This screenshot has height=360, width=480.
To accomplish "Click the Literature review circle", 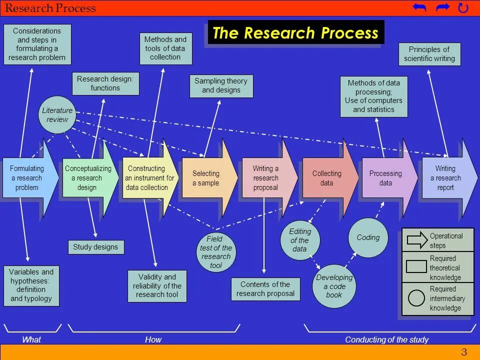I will pyautogui.click(x=57, y=115).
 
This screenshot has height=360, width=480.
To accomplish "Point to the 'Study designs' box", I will pyautogui.click(x=95, y=247).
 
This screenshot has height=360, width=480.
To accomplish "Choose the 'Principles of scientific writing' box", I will pyautogui.click(x=429, y=54).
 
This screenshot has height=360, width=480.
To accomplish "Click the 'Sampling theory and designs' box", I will pyautogui.click(x=221, y=86).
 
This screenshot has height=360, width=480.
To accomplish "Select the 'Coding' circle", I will pyautogui.click(x=368, y=237).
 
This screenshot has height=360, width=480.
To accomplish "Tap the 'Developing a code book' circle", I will pyautogui.click(x=334, y=286).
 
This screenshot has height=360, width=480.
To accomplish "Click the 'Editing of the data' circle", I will pyautogui.click(x=300, y=240).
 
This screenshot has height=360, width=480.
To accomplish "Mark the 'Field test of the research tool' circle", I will pyautogui.click(x=216, y=252).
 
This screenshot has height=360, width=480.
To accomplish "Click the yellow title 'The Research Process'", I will pyautogui.click(x=295, y=33).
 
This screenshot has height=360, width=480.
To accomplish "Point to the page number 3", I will pyautogui.click(x=464, y=352).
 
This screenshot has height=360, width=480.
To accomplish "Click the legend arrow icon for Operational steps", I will pyautogui.click(x=417, y=240).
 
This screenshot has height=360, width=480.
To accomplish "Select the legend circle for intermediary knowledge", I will pyautogui.click(x=416, y=298).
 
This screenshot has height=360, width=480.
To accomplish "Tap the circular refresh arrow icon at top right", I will pyautogui.click(x=463, y=8).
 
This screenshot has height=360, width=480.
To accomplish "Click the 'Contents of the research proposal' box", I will pyautogui.click(x=265, y=289).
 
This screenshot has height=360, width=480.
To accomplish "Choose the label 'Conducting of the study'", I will pyautogui.click(x=386, y=340).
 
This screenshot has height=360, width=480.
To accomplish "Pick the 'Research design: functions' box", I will pyautogui.click(x=105, y=83).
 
